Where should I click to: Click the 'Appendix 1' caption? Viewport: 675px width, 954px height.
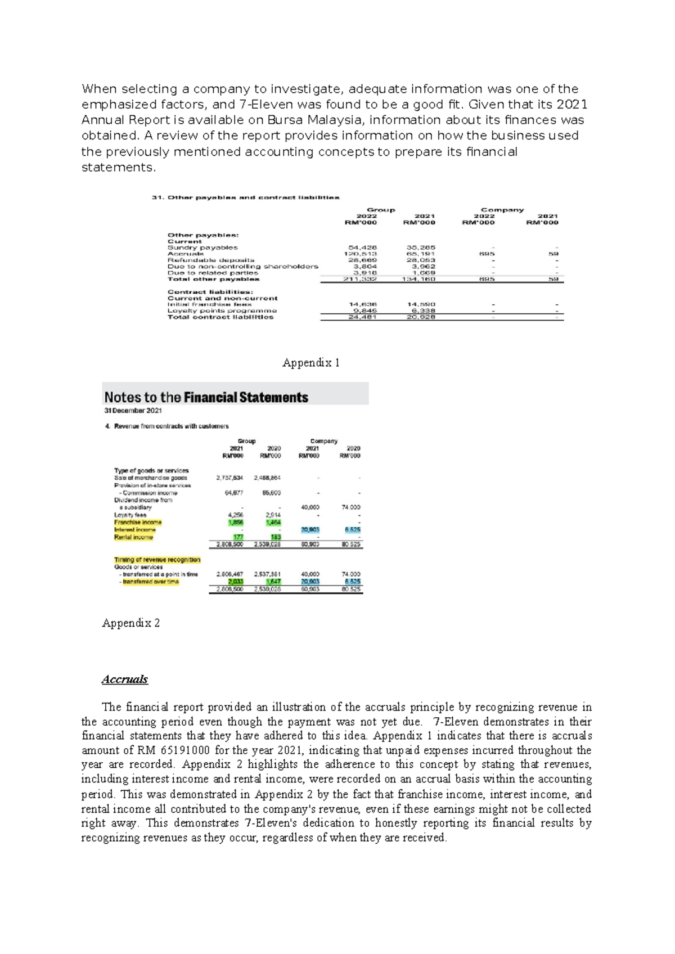[311, 363]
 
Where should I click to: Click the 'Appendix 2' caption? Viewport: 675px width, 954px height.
[131, 623]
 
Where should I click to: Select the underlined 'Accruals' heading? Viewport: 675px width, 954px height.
[124, 679]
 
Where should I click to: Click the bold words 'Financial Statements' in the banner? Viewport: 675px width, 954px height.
[246, 397]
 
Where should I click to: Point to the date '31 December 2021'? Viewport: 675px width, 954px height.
[133, 411]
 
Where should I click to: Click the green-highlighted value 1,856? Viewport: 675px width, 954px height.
[236, 522]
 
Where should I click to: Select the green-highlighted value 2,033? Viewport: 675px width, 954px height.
[236, 582]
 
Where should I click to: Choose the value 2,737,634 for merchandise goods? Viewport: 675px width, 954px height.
[229, 478]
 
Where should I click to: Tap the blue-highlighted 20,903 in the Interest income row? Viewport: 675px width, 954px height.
[310, 529]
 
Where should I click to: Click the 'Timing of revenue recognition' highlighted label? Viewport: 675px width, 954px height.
[157, 560]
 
